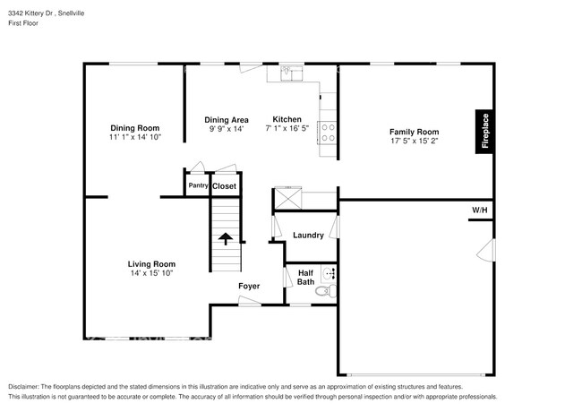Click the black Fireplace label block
484,132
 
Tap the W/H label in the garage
480,210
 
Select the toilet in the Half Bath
329,291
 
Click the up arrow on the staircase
226,238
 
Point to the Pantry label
198,186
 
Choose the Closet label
224,186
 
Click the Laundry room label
308,236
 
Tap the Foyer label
249,287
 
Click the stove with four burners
329,133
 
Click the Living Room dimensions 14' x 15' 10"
150,273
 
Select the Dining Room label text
134,127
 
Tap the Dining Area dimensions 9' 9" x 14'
226,130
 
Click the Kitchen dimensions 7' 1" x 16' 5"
287,130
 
